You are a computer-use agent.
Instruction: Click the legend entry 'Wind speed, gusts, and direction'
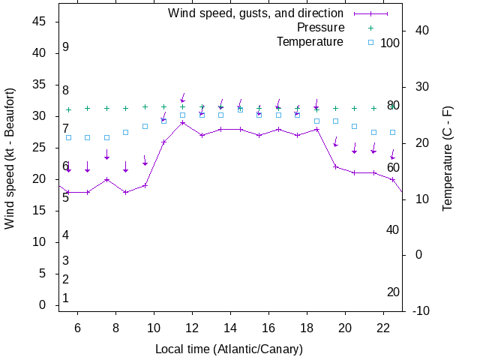(x=255, y=13)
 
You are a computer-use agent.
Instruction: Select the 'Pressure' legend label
(x=320, y=28)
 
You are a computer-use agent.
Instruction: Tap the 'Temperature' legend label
(x=310, y=42)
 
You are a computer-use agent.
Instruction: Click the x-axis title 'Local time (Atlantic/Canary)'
(x=229, y=349)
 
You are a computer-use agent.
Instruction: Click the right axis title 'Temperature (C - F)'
(x=448, y=158)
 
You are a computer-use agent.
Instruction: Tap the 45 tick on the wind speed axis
(x=40, y=22)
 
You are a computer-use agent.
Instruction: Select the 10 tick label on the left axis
(x=40, y=242)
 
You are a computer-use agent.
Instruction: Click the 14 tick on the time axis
(x=230, y=328)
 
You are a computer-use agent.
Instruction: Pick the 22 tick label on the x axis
(x=382, y=328)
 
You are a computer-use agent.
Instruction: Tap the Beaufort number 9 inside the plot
(x=66, y=47)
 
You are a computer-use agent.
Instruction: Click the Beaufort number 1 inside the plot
(x=66, y=298)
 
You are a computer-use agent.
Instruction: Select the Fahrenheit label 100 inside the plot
(x=390, y=43)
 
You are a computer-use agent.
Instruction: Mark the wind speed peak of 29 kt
(x=182, y=122)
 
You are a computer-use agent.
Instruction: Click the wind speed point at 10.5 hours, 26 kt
(x=163, y=142)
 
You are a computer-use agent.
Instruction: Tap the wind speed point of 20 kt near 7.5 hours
(x=106, y=179)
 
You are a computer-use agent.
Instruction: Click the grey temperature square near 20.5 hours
(x=354, y=127)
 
